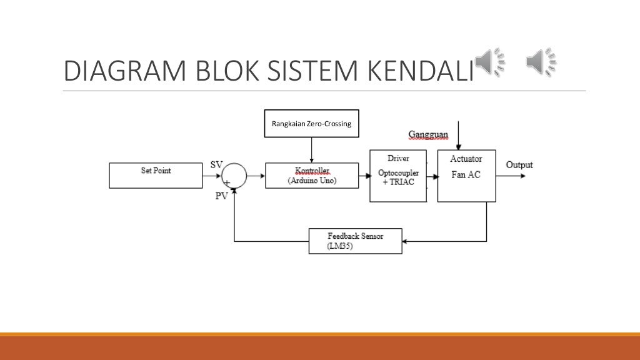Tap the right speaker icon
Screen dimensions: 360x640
[541, 63]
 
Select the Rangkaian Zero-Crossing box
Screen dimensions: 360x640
[311, 124]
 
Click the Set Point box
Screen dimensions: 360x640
[156, 175]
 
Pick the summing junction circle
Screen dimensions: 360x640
[234, 175]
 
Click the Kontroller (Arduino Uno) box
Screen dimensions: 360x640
[312, 175]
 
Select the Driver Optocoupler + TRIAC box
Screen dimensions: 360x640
[398, 176]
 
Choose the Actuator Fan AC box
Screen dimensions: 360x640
[466, 176]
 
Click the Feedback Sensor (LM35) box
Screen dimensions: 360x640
[355, 241]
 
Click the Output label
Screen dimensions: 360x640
[519, 165]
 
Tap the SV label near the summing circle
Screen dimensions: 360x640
[216, 164]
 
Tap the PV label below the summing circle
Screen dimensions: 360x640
[221, 195]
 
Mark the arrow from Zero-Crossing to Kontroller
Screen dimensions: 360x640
[311, 150]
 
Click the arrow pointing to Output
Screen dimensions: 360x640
[511, 176]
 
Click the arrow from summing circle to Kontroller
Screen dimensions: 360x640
[256, 175]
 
